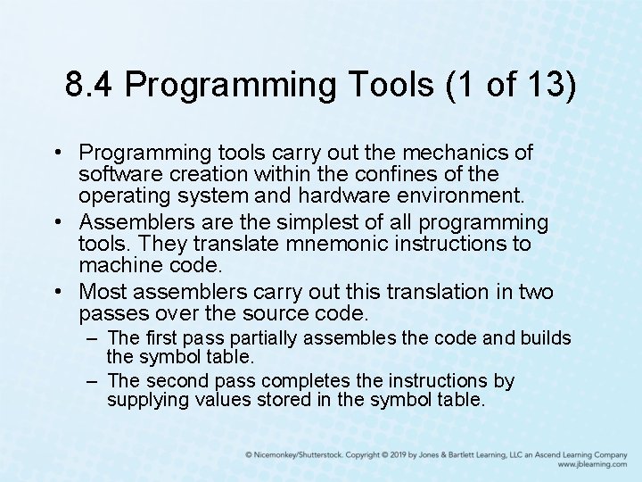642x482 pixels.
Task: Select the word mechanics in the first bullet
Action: click(465, 153)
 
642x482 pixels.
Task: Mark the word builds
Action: click(544, 338)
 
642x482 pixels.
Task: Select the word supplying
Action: click(147, 400)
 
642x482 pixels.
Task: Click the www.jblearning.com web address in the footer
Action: click(592, 464)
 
